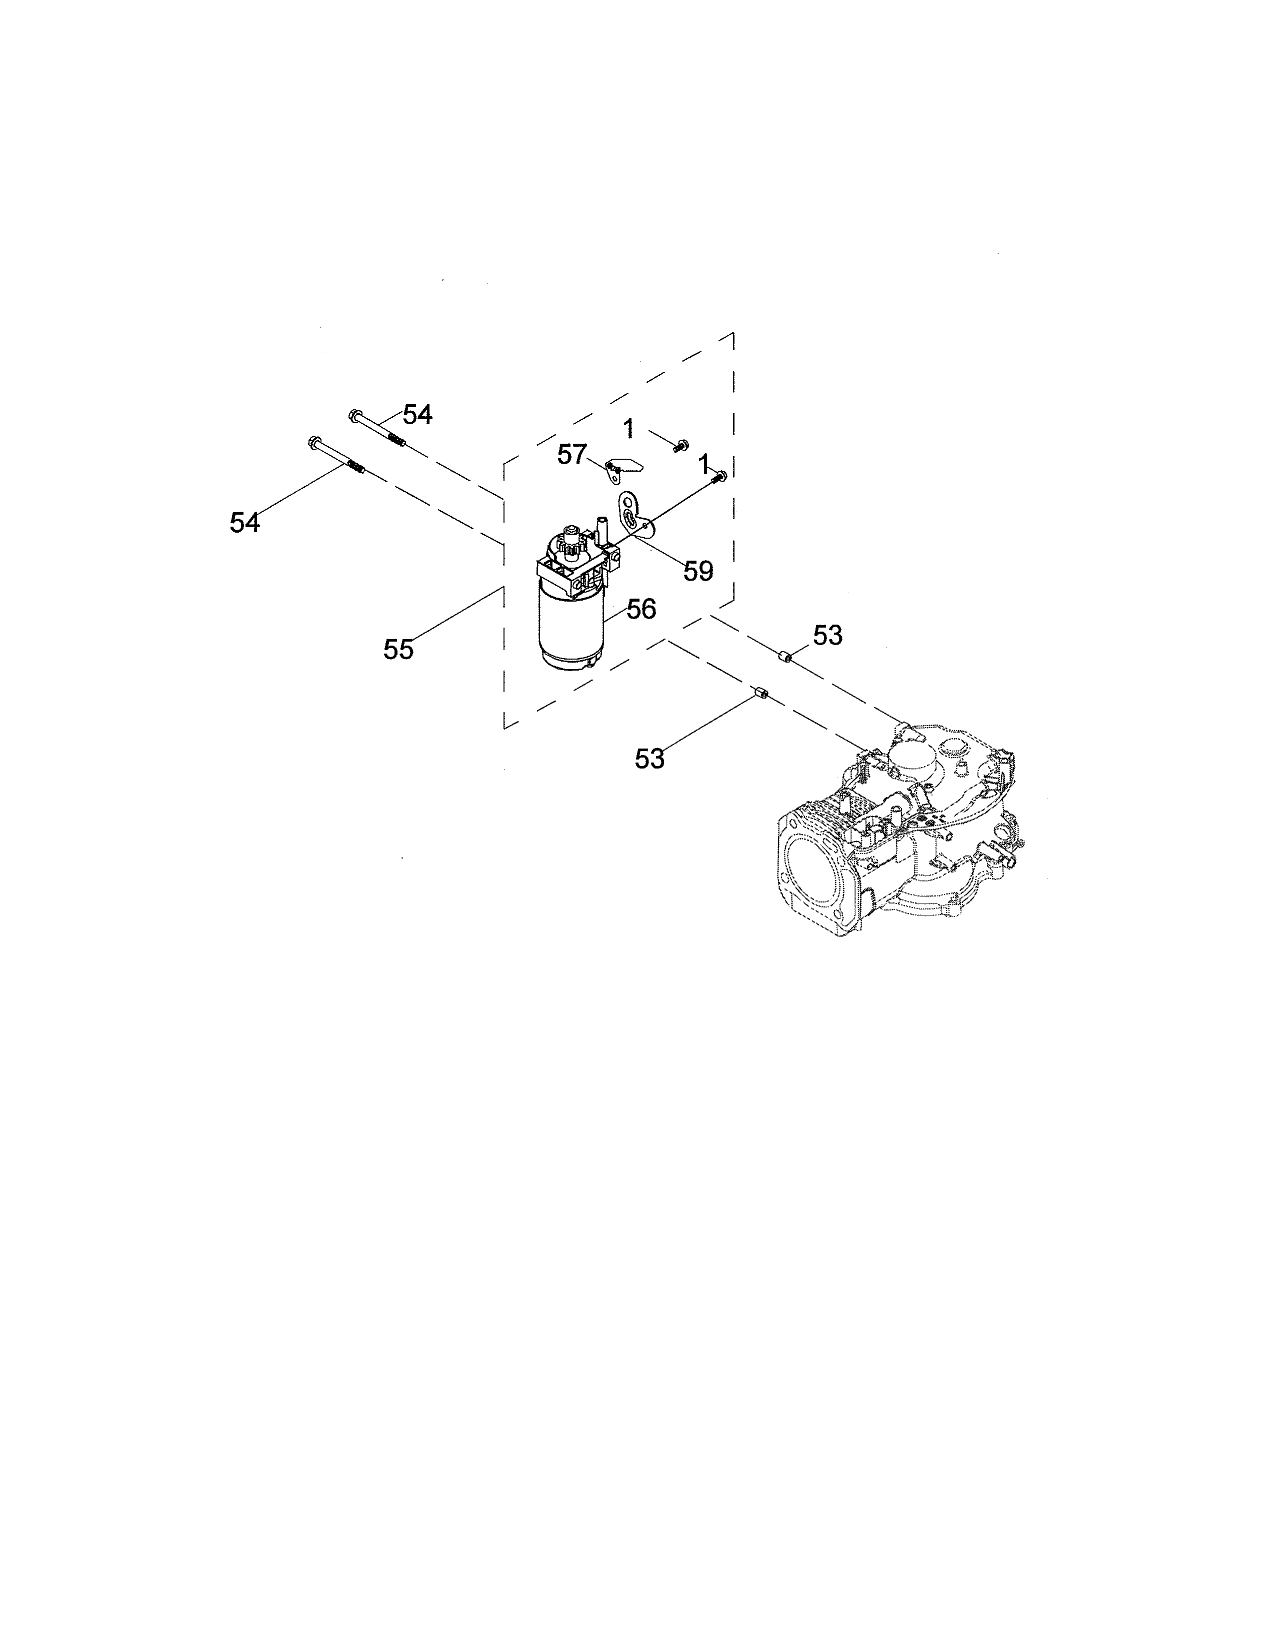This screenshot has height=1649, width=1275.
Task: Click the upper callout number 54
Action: pyautogui.click(x=417, y=415)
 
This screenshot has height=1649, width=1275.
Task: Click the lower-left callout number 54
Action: pyautogui.click(x=244, y=523)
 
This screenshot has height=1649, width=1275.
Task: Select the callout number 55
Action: pyautogui.click(x=398, y=649)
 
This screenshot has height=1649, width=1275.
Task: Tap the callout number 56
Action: pyautogui.click(x=641, y=609)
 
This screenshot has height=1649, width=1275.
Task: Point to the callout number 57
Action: pyautogui.click(x=572, y=455)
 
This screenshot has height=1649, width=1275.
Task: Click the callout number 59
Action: pyautogui.click(x=698, y=572)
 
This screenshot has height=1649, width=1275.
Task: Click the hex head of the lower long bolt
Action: pyautogui.click(x=312, y=441)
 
